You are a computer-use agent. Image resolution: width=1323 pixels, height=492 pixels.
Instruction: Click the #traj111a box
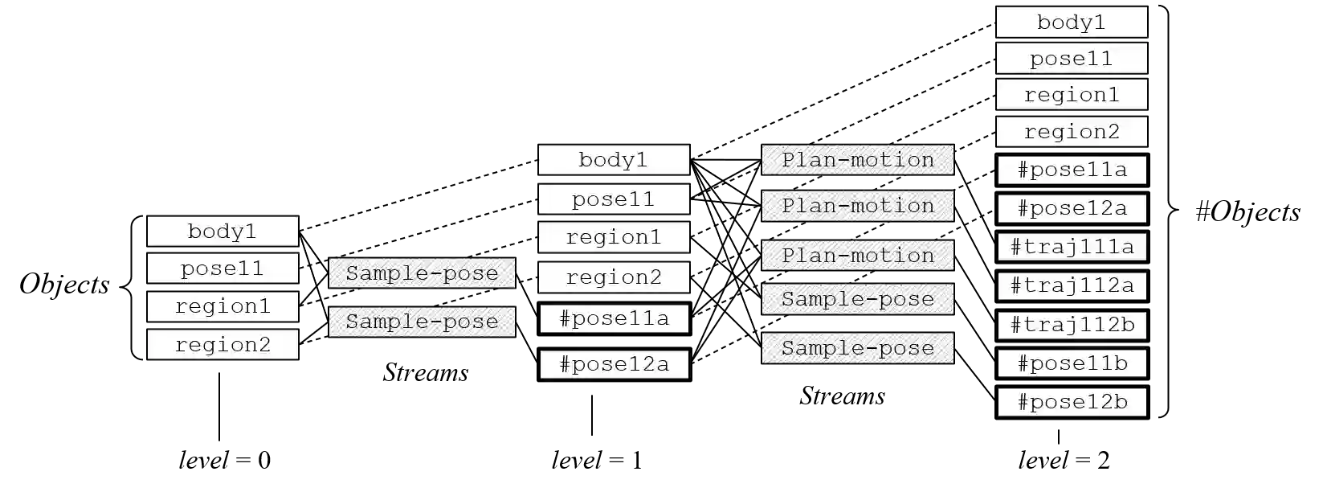coord(1072,247)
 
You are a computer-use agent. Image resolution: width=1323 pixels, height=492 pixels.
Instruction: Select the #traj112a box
coord(1072,286)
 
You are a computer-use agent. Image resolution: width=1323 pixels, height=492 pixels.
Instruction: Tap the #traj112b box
coord(1072,325)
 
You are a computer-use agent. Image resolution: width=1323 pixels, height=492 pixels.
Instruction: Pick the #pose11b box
coord(1072,363)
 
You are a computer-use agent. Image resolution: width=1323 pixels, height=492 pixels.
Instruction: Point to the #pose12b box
coord(1072,402)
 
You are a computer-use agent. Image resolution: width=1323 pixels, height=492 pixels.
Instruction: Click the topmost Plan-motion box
coord(857,159)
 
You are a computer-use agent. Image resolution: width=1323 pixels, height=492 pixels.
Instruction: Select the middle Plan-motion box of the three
coord(857,206)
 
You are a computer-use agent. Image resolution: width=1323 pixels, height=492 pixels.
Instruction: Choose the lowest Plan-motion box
coord(857,255)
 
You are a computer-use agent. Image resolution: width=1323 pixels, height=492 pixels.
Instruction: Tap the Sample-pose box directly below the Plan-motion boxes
coord(857,299)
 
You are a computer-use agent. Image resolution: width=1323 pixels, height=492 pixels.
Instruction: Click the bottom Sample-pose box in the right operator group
coord(857,348)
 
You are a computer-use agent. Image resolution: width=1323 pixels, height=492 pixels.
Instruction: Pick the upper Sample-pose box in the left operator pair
coord(422,273)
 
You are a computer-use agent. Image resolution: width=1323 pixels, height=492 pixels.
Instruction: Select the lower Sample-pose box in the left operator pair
coord(422,322)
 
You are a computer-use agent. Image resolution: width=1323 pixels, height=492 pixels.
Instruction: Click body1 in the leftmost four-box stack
coord(223,232)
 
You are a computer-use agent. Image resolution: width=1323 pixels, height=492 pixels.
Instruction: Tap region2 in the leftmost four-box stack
coord(223,345)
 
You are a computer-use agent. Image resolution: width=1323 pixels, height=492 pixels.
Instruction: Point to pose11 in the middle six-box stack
coord(614,199)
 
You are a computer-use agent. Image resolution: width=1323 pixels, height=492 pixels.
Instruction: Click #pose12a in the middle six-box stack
coord(614,364)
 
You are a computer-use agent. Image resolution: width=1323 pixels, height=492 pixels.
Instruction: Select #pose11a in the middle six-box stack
coord(614,318)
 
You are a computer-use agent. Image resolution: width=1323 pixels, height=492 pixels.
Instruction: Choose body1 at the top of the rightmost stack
coord(1072,23)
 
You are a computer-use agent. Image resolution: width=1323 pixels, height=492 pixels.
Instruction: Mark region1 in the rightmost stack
coord(1072,95)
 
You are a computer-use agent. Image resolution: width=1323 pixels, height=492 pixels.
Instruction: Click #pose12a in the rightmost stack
coord(1072,208)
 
